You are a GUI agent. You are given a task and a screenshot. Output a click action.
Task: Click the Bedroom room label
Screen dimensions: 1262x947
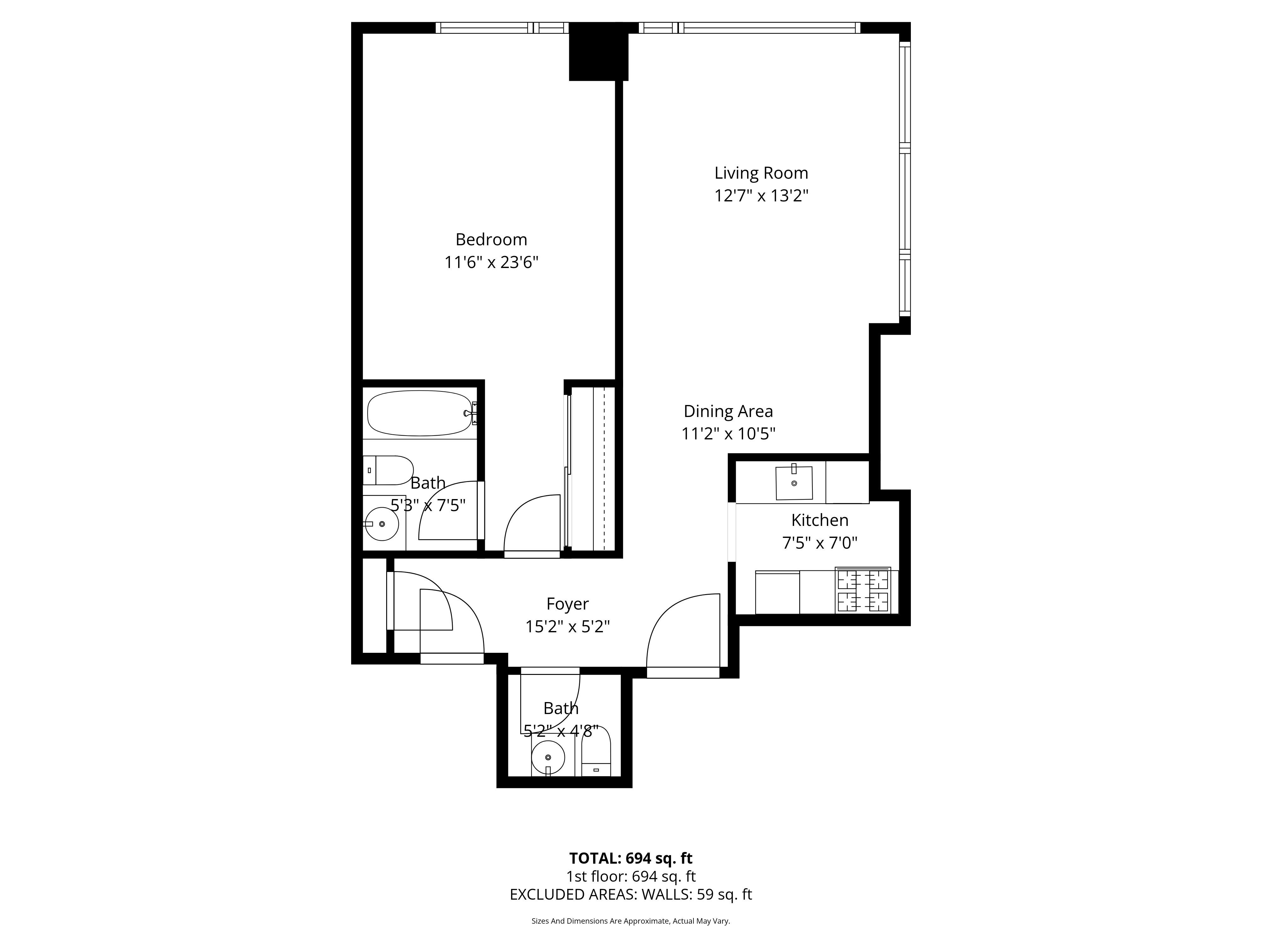point(491,239)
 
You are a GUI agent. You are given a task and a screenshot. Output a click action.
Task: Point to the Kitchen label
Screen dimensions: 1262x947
point(820,520)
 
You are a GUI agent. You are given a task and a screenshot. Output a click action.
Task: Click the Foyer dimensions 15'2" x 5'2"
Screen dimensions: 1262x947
point(568,627)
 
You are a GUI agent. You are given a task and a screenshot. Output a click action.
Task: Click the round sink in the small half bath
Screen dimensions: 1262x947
point(548,758)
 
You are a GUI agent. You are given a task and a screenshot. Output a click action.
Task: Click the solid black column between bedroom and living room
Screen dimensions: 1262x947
point(599,51)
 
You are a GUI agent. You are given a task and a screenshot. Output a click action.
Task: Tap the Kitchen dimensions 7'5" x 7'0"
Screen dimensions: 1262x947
point(820,543)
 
